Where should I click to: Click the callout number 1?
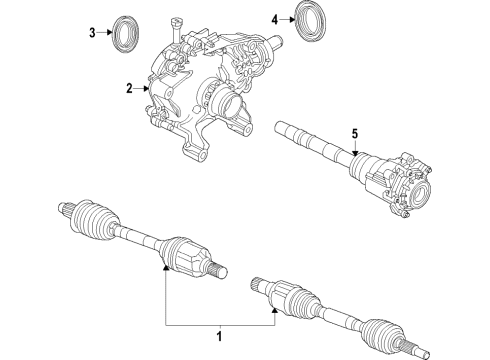pyautogui.click(x=219, y=336)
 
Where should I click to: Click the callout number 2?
pyautogui.click(x=129, y=88)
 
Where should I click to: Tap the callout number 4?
pyautogui.click(x=274, y=18)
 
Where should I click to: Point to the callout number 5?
pyautogui.click(x=353, y=133)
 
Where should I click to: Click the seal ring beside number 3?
pyautogui.click(x=126, y=31)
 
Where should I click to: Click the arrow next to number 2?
pyautogui.click(x=143, y=88)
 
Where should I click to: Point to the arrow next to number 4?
pyautogui.click(x=287, y=18)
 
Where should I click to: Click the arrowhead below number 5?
pyautogui.click(x=353, y=150)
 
